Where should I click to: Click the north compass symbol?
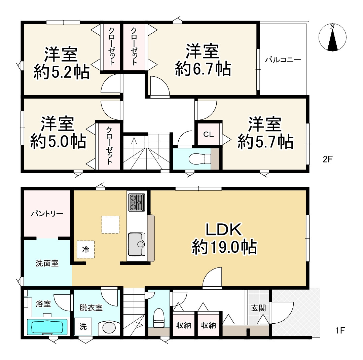coord(332,37)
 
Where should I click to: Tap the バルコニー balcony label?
coord(283,60)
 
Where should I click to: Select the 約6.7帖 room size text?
coord(203,69)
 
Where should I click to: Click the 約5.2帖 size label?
coord(62,72)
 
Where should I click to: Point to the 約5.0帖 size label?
coord(58,141)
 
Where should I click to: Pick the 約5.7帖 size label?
coord(265,142)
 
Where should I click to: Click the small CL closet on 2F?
coord(208,134)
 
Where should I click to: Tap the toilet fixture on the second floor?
coord(200,159)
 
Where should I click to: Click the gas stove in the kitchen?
coord(137,202)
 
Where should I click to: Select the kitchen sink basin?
coord(137,244)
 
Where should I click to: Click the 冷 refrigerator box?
coord(86,250)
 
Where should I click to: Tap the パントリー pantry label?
coord(47,213)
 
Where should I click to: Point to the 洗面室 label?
coord(47,263)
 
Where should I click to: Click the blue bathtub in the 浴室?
coord(47,327)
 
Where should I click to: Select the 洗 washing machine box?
coord(83,326)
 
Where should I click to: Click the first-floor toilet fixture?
coord(159,318)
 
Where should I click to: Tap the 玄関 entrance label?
coord(258,308)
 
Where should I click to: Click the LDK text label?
coord(224,229)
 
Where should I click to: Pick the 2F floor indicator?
coord(328,159)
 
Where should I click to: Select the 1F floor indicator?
coord(340,330)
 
